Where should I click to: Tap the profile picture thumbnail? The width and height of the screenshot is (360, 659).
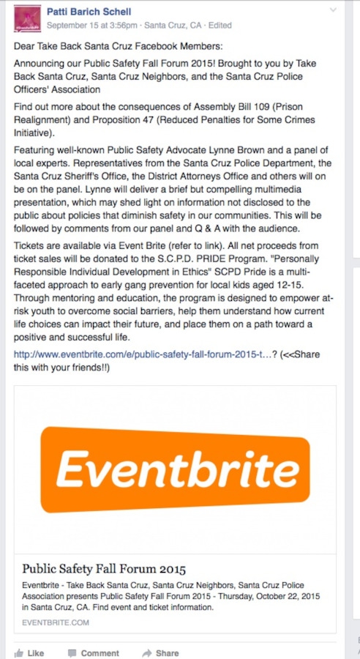tap(27, 18)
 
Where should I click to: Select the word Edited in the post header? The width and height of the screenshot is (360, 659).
tap(220, 24)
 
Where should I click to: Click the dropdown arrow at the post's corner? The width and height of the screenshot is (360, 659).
tap(333, 11)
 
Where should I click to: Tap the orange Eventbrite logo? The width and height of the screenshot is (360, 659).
tap(176, 469)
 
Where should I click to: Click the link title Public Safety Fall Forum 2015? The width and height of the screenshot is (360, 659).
tap(104, 569)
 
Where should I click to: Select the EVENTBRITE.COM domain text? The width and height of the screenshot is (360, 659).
tap(56, 622)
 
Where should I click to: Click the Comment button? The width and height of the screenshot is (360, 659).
tap(93, 652)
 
